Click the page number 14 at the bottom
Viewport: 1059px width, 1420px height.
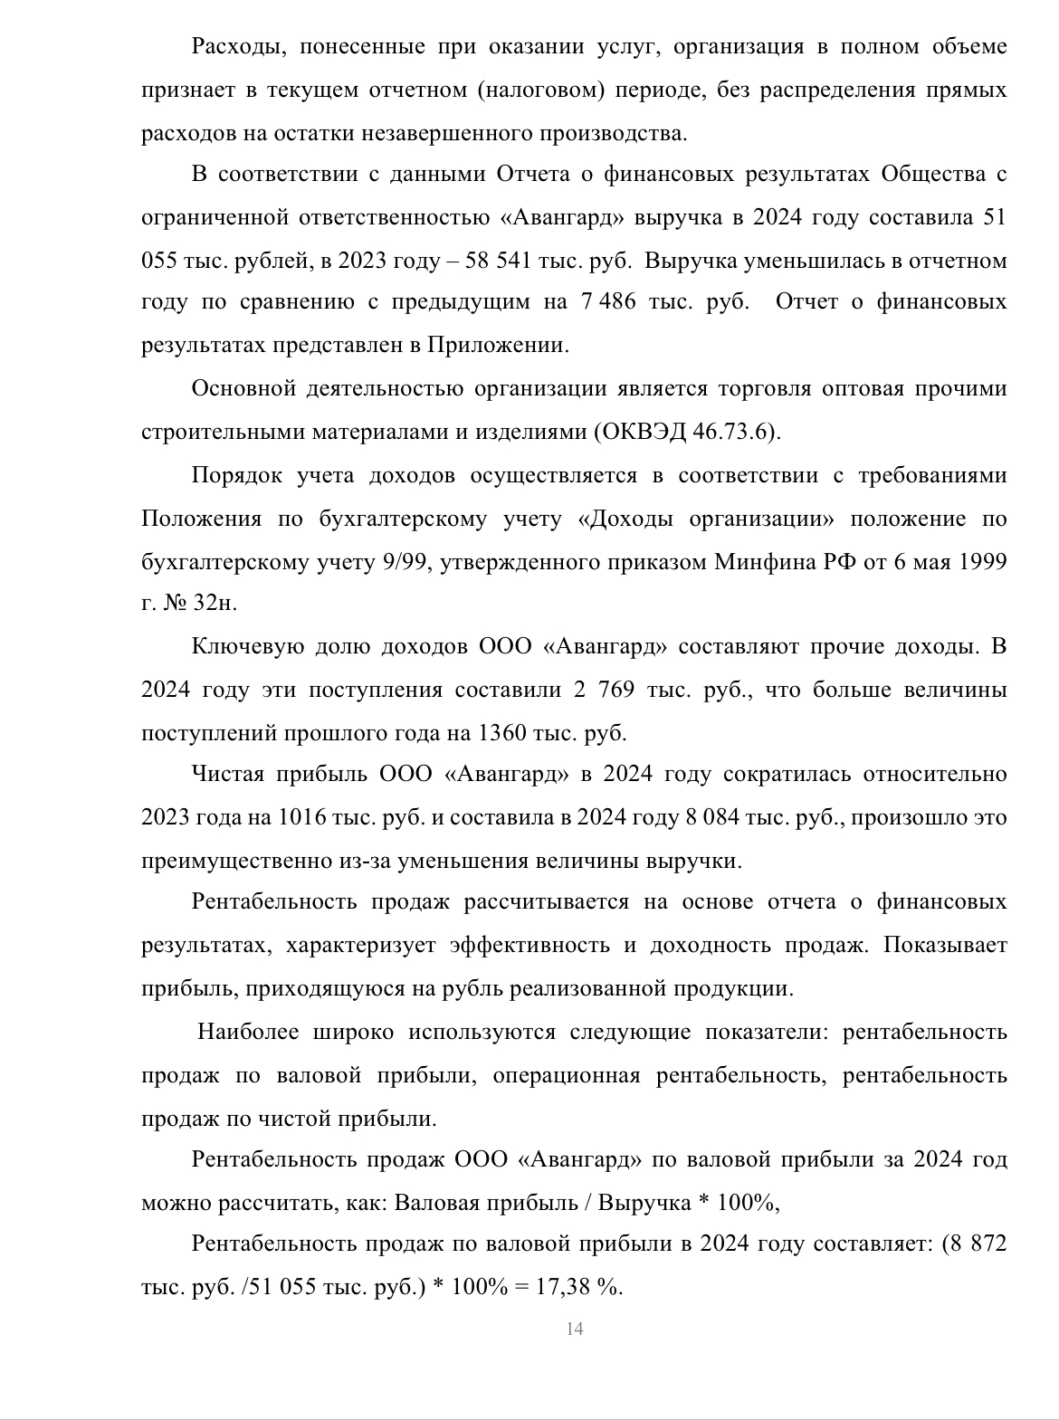pos(574,1329)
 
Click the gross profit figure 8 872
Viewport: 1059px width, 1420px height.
pos(977,1244)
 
